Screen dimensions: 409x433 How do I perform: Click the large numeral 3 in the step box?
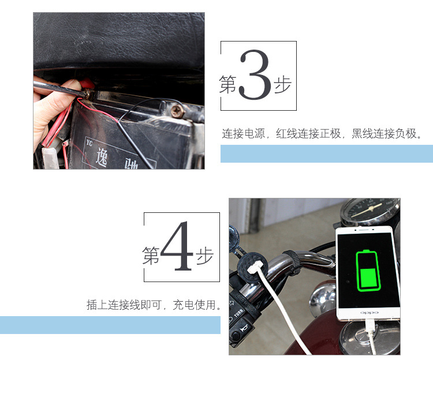254,76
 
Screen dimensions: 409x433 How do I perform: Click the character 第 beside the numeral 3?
228,85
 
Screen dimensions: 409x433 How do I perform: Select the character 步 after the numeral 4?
204,256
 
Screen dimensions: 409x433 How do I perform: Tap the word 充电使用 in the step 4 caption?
196,305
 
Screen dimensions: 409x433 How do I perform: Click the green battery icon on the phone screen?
367,271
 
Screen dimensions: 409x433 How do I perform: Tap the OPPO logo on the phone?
368,313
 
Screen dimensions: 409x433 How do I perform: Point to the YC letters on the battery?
89,140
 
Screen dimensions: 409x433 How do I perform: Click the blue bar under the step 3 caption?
326,153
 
